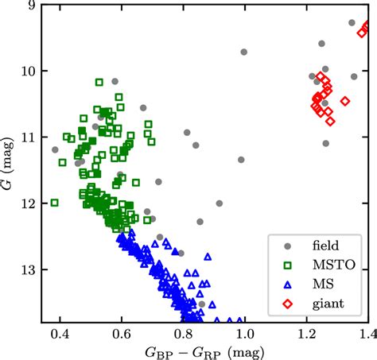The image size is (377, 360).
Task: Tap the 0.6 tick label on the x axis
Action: click(x=121, y=332)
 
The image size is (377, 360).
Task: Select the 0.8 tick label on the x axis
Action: click(x=183, y=332)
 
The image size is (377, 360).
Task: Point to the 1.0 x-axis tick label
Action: click(x=244, y=332)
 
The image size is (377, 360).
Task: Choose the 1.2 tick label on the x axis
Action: click(x=306, y=332)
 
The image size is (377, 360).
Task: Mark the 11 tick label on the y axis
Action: click(x=28, y=137)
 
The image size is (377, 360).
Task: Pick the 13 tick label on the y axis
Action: click(x=28, y=270)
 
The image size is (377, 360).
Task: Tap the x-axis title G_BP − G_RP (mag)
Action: click(x=205, y=350)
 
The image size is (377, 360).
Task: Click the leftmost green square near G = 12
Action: click(x=55, y=203)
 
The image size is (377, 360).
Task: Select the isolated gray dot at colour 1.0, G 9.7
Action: click(x=244, y=52)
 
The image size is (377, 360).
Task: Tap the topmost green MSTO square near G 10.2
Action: click(x=99, y=82)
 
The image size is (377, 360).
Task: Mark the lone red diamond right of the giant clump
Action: click(x=345, y=101)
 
